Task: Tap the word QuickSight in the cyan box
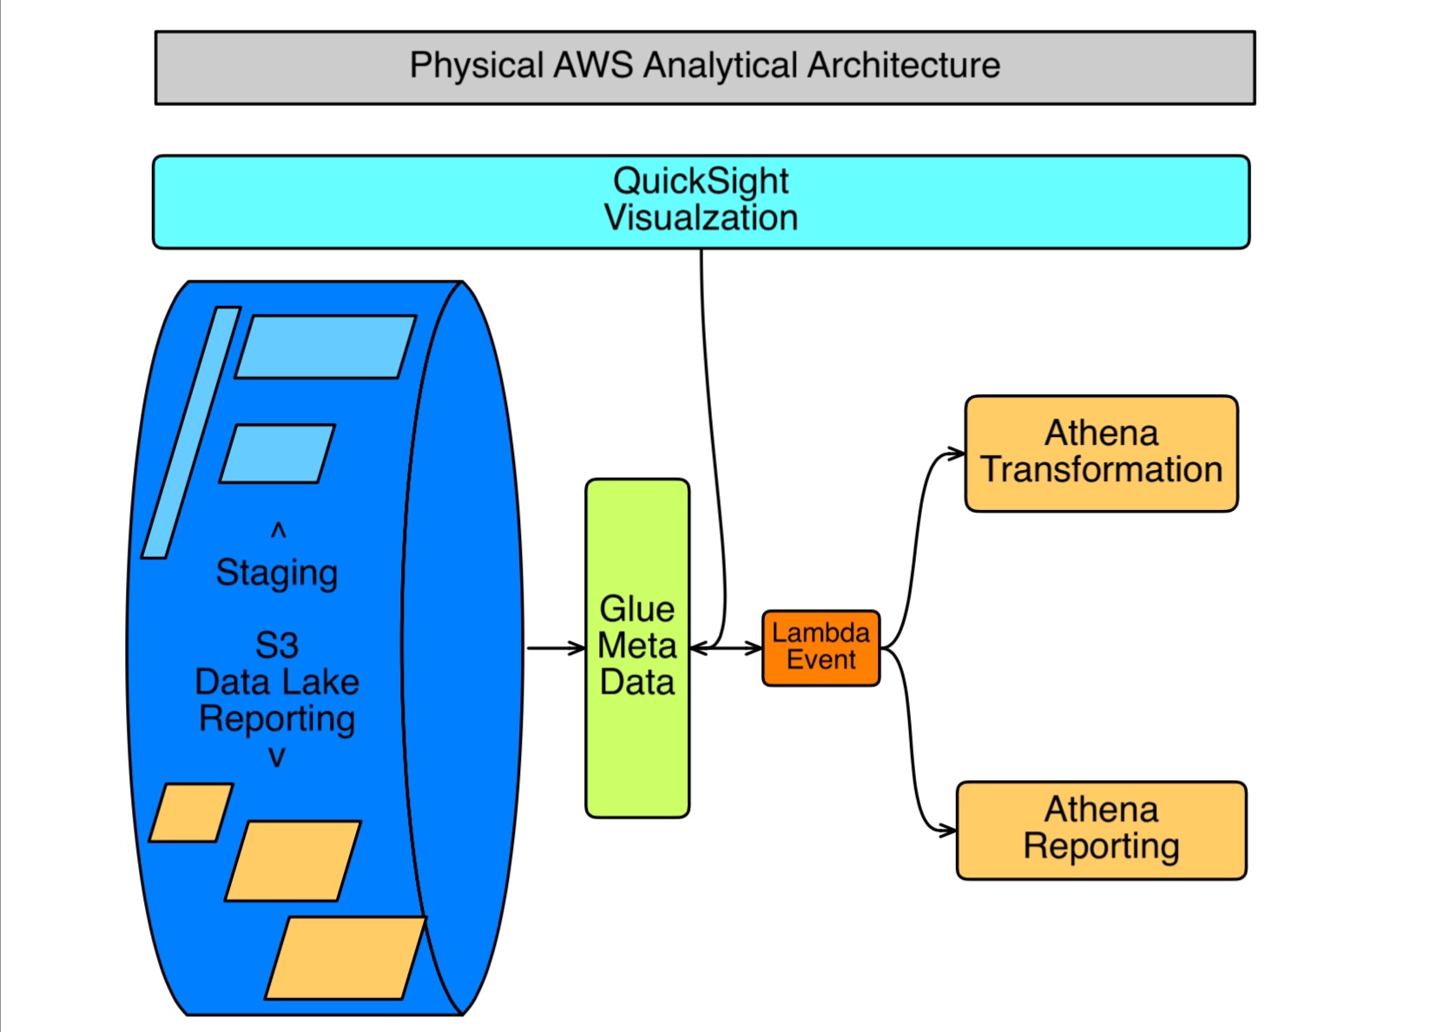[x=701, y=182]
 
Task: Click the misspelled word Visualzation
[x=701, y=218]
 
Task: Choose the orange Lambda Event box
[x=821, y=647]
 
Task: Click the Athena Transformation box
[x=1101, y=453]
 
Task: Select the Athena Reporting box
[x=1101, y=830]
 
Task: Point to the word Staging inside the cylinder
[x=277, y=573]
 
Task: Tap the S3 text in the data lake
[x=277, y=645]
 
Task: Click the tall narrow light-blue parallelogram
[x=191, y=432]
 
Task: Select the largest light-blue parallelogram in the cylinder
[x=325, y=347]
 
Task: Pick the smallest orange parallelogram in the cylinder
[x=191, y=812]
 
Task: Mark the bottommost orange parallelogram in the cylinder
[x=346, y=957]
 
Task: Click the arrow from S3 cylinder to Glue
[x=556, y=648]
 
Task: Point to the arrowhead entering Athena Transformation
[x=955, y=453]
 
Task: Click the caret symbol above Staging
[x=278, y=530]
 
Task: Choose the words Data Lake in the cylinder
[x=277, y=682]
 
